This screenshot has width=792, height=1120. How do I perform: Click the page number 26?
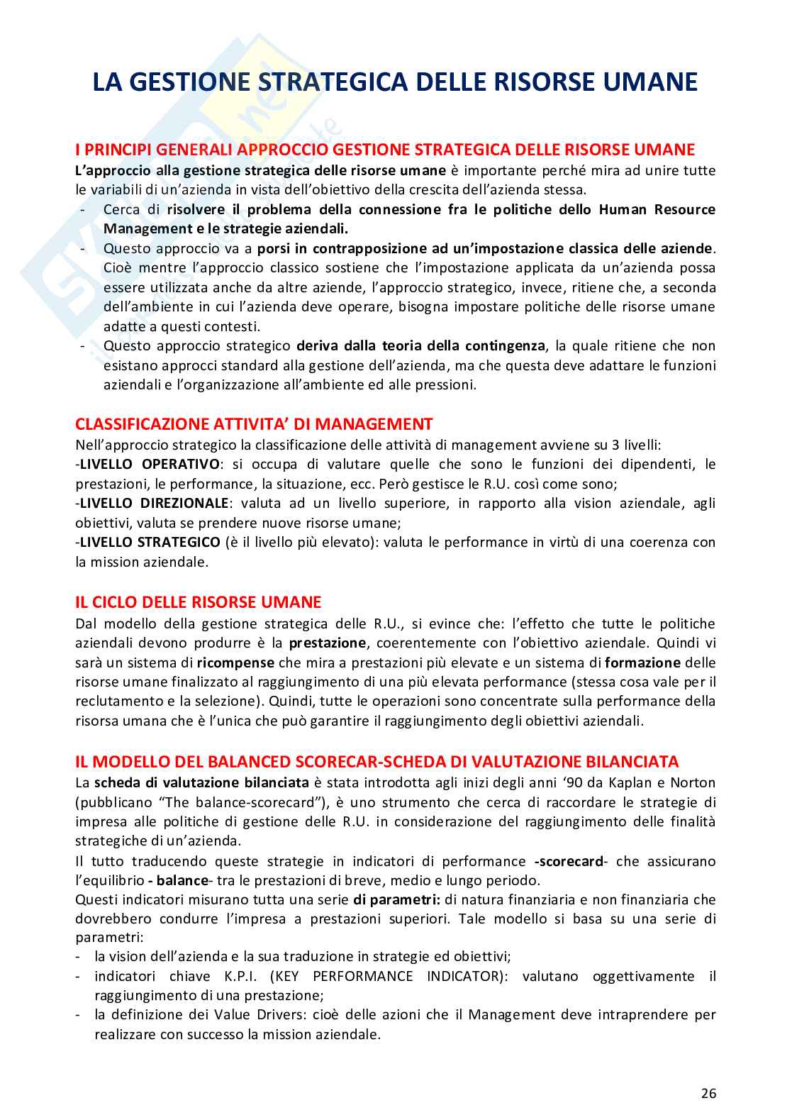[708, 1093]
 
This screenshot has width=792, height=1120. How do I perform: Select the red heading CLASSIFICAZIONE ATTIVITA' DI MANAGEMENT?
[253, 424]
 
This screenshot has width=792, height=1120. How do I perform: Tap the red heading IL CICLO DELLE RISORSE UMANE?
[198, 602]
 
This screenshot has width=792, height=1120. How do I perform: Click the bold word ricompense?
[236, 662]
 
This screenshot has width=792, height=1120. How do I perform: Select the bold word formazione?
[642, 662]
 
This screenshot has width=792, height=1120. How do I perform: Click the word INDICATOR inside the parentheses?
[464, 976]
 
